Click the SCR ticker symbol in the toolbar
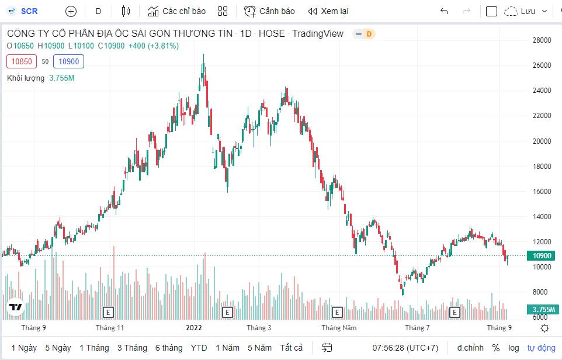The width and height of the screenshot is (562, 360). [x=29, y=11]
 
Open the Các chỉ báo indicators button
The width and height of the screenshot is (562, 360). [x=176, y=11]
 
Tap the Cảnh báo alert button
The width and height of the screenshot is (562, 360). [x=269, y=11]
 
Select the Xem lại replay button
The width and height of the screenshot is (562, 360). [x=328, y=11]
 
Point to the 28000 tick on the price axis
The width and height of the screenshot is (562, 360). [x=541, y=40]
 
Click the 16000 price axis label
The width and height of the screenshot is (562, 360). [x=541, y=191]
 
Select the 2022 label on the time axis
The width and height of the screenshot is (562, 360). [x=193, y=328]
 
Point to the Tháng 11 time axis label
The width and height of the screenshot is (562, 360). [x=110, y=328]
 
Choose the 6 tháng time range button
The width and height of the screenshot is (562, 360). [x=169, y=348]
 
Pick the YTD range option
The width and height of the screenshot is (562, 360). [x=199, y=348]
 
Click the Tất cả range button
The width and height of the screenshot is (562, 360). [x=291, y=348]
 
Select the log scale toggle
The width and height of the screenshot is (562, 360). [x=514, y=348]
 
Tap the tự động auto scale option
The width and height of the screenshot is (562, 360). [x=542, y=348]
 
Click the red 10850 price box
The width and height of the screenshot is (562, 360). [x=22, y=61]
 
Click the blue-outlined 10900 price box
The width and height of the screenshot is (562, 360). [x=68, y=61]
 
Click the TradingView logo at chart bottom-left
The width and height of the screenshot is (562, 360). [x=15, y=307]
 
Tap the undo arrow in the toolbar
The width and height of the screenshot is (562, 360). [x=445, y=11]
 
